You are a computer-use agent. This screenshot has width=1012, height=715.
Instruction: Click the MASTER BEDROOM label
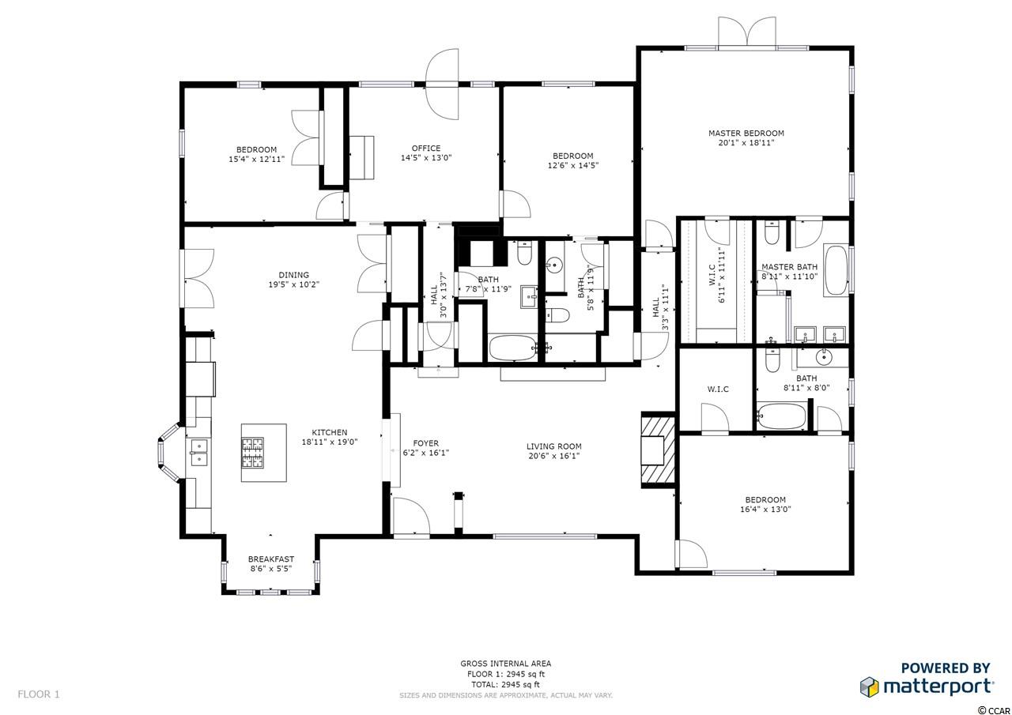(746, 134)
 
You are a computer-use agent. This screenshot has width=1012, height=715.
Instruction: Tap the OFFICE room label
(426, 148)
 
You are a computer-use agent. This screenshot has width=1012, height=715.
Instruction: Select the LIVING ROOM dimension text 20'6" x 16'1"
(554, 456)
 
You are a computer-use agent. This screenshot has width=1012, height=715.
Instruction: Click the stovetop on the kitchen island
(252, 452)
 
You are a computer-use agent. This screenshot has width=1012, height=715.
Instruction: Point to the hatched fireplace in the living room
(659, 450)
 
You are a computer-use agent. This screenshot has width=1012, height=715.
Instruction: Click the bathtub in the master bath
(836, 270)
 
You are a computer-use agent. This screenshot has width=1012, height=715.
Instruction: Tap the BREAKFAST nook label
(271, 559)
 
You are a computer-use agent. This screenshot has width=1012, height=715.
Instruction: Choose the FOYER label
(425, 443)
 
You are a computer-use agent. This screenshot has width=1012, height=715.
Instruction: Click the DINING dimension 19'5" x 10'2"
(293, 284)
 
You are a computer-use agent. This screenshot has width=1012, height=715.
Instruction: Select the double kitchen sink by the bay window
(198, 452)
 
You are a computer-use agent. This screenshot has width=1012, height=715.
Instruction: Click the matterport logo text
(938, 687)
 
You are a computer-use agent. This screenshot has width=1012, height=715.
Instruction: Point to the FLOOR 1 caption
(39, 694)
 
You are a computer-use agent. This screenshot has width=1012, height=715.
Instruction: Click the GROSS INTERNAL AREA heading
(506, 664)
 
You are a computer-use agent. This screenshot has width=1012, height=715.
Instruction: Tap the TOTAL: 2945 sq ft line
(506, 685)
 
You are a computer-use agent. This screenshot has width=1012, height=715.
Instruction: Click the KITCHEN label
(330, 432)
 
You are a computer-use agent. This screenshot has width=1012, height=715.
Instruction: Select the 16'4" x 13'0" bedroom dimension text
(765, 510)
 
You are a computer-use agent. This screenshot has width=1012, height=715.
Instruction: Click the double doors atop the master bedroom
(747, 32)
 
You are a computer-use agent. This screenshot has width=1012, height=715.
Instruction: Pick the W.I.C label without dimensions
(718, 389)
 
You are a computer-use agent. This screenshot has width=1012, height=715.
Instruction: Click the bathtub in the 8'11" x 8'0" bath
(782, 416)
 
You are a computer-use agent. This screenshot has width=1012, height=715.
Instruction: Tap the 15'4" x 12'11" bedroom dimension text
(257, 159)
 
